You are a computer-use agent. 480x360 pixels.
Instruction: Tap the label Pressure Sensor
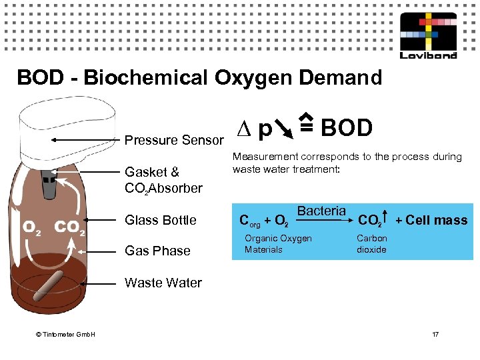coord(174,141)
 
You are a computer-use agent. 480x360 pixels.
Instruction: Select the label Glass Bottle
coord(161,220)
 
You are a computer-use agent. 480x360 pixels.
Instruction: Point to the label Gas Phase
coord(157,251)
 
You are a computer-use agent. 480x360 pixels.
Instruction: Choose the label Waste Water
coord(163,283)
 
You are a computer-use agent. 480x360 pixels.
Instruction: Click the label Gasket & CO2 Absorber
coord(163,180)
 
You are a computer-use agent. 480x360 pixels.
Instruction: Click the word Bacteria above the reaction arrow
coord(321,211)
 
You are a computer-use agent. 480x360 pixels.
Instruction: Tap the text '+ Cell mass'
coord(431,221)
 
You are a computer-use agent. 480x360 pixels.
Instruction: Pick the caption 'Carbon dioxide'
coord(371,244)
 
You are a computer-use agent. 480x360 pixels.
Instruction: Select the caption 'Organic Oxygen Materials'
coord(278,244)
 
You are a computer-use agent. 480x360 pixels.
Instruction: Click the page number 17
coord(436,333)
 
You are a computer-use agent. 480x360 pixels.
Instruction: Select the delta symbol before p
coord(243,128)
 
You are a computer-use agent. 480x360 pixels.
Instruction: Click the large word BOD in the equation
coord(347,127)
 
